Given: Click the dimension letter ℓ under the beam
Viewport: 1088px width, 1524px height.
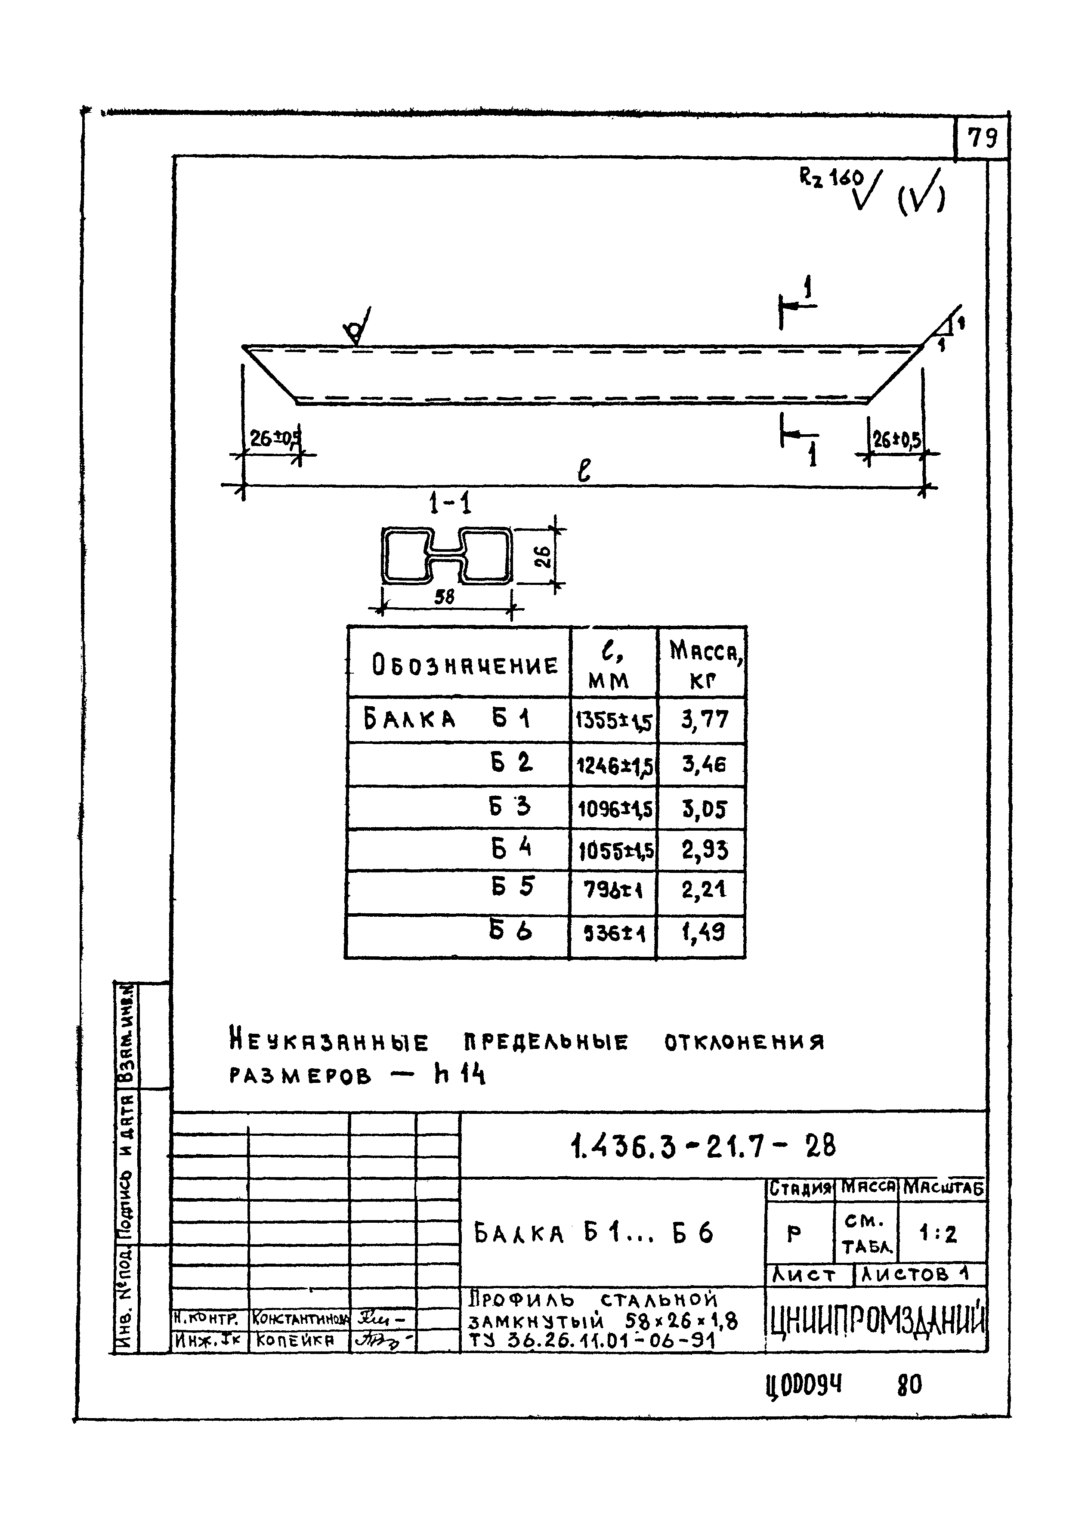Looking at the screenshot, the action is pos(584,470).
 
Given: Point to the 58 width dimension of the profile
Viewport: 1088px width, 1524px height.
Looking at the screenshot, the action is pos(444,596).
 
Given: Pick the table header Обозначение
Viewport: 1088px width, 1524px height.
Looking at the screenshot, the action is pos(464,665).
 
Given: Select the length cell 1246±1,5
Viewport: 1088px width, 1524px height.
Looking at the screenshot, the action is pos(614,764).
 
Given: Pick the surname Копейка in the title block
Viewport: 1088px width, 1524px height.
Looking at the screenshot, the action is pos(295,1340).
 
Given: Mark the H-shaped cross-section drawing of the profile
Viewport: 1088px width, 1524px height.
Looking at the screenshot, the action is pos(446,555).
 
